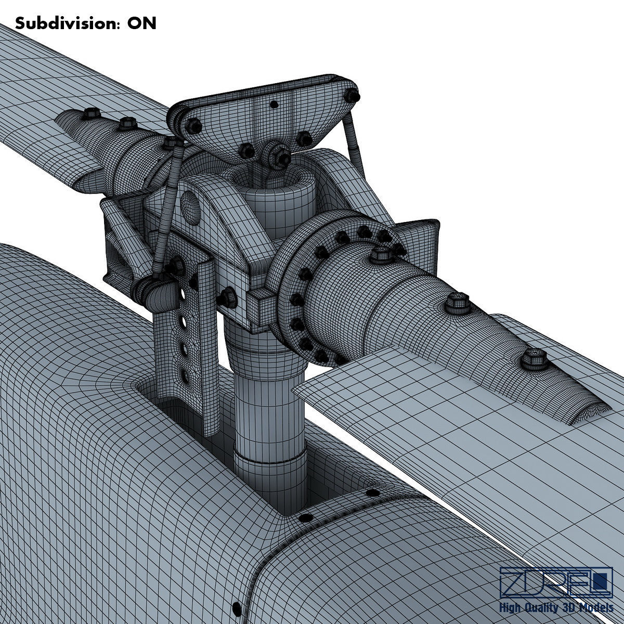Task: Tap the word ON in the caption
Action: pos(142,23)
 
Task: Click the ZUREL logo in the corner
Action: pos(556,583)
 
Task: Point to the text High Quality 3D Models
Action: pos(556,608)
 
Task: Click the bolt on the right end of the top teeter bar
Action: pos(354,96)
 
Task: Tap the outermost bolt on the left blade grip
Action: pos(92,113)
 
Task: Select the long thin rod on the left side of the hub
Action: pos(169,208)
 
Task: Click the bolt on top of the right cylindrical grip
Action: pos(380,255)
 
